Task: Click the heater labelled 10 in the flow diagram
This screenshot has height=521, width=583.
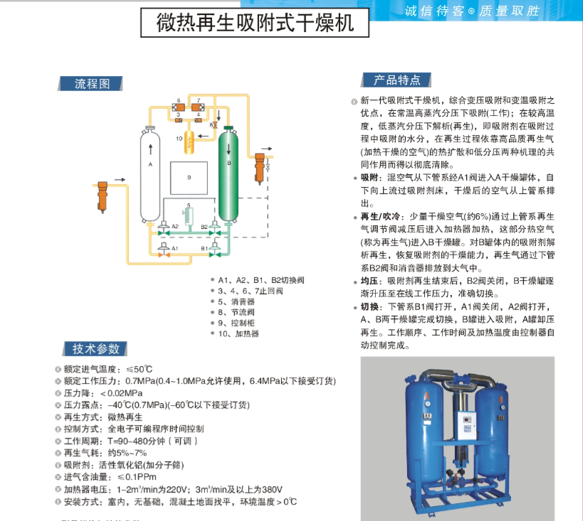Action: pyautogui.click(x=189, y=142)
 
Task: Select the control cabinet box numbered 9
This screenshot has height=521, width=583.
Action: pyautogui.click(x=189, y=178)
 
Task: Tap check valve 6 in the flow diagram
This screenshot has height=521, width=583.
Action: pyautogui.click(x=179, y=108)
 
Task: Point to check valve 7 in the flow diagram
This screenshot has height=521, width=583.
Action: pyautogui.click(x=198, y=108)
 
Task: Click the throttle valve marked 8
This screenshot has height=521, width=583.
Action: pyautogui.click(x=215, y=125)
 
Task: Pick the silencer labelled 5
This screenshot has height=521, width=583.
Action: pyautogui.click(x=189, y=216)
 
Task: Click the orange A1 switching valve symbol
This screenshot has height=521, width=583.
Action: pyautogui.click(x=163, y=254)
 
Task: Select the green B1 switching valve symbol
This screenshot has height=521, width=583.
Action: pyautogui.click(x=214, y=254)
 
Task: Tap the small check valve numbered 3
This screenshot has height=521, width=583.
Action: pyautogui.click(x=179, y=120)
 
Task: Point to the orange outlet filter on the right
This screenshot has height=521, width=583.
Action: pyautogui.click(x=260, y=168)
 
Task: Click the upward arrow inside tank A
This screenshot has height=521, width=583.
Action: pyautogui.click(x=151, y=149)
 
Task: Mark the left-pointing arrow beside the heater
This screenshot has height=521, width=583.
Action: pyautogui.click(x=203, y=136)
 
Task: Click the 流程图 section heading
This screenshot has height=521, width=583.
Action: pyautogui.click(x=92, y=84)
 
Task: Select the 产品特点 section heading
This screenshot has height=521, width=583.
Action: pyautogui.click(x=396, y=80)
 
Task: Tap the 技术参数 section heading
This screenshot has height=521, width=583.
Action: pyautogui.click(x=96, y=349)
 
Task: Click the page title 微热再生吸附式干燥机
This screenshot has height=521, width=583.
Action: pyautogui.click(x=255, y=23)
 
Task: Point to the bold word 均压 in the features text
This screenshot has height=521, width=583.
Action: pyautogui.click(x=369, y=281)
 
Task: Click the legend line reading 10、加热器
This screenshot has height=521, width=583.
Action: pyautogui.click(x=238, y=333)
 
